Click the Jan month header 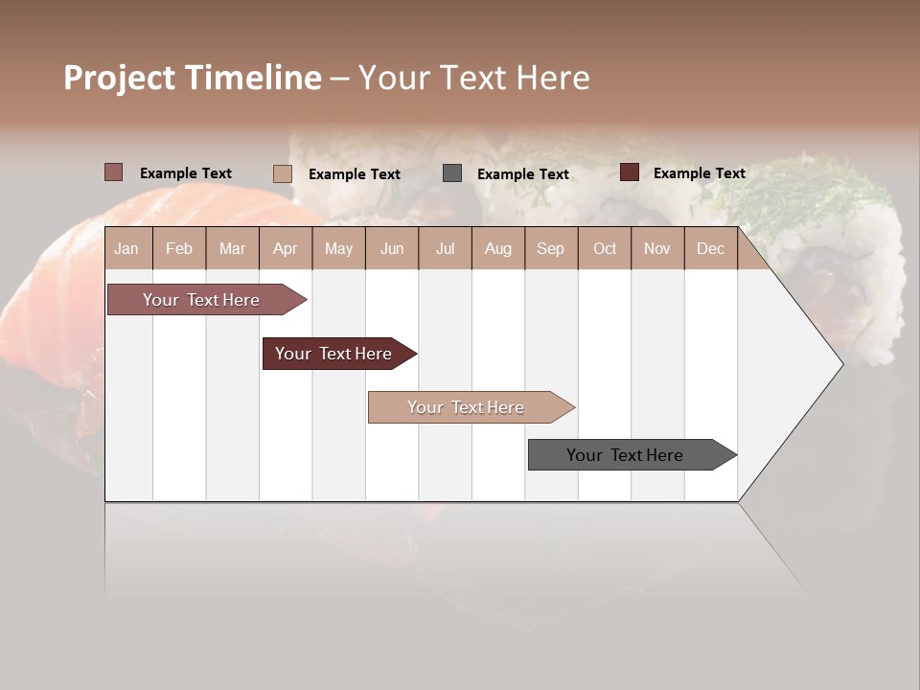pos(126,249)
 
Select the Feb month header pos(179,249)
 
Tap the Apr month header pos(285,249)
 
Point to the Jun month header pos(392,249)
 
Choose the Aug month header pos(497,249)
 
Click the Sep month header pos(550,249)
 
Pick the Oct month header pos(605,249)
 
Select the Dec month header pos(710,249)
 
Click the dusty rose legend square pos(114,172)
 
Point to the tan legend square pos(283,173)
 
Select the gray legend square pos(452,173)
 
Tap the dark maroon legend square pos(630,172)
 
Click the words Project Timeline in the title pos(193,78)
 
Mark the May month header pos(338,249)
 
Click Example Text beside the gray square pos(523,174)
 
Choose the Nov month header pos(657,249)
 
